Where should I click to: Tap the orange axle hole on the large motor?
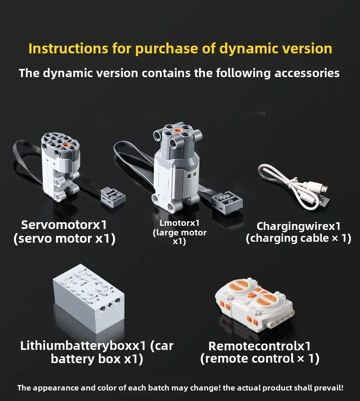pyautogui.click(x=176, y=130)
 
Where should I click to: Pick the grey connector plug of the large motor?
pyautogui.click(x=227, y=202)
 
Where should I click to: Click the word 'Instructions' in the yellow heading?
pyautogui.click(x=68, y=49)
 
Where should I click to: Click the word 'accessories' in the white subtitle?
pyautogui.click(x=307, y=73)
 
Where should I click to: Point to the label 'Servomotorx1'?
pyautogui.click(x=64, y=225)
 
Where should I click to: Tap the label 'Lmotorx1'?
pyautogui.click(x=180, y=223)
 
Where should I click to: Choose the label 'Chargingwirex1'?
pyautogui.click(x=298, y=226)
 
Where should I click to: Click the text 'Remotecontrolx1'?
pyautogui.click(x=260, y=346)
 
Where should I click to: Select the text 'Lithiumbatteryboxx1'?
pyautogui.click(x=83, y=346)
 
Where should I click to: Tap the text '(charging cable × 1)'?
pyautogui.click(x=298, y=238)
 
